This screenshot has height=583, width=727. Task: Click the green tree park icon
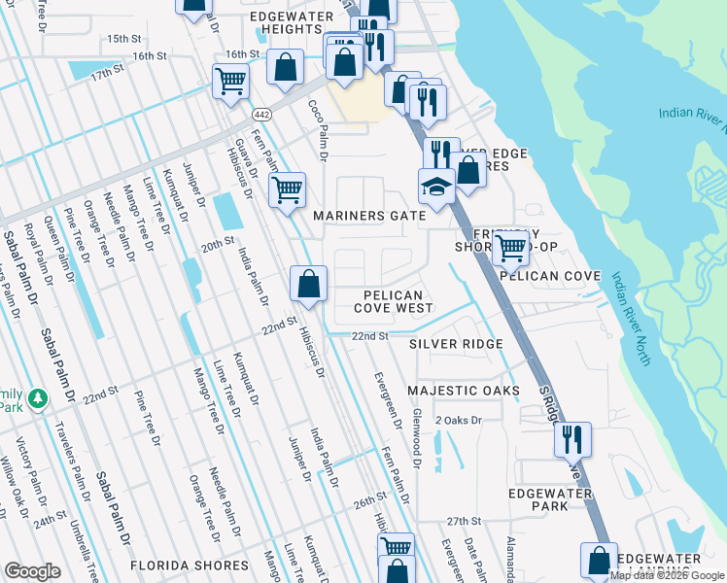(x=38, y=398)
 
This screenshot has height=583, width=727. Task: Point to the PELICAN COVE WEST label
(x=393, y=301)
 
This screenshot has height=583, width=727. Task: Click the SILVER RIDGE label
(x=455, y=344)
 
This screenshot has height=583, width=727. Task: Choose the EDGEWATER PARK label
(x=550, y=499)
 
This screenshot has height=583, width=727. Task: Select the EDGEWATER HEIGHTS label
(x=285, y=23)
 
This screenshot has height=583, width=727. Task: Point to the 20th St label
(x=219, y=241)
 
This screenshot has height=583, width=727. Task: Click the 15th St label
(x=123, y=38)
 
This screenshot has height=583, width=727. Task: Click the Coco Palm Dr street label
(x=317, y=130)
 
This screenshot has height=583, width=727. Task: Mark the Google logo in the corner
(x=32, y=571)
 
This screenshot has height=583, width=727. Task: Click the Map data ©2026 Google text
(x=667, y=575)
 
